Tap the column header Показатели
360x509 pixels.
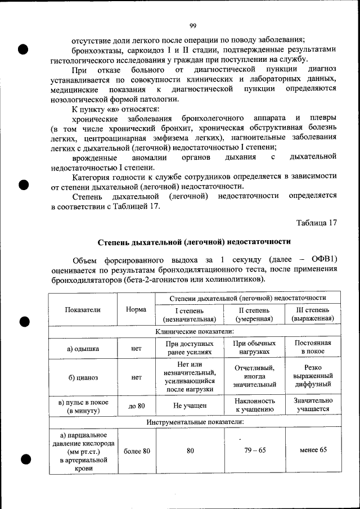click(x=83, y=310)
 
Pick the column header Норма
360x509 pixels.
click(x=136, y=310)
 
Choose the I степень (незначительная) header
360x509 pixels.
click(x=189, y=315)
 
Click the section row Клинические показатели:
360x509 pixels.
click(x=194, y=332)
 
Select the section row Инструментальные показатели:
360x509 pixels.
click(x=195, y=422)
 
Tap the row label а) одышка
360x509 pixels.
click(x=83, y=348)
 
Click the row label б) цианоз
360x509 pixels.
click(x=83, y=377)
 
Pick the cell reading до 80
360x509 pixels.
click(x=136, y=406)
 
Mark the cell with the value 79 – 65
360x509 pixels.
click(x=255, y=451)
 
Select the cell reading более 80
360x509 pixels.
click(x=136, y=451)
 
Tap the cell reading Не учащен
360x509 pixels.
click(x=190, y=406)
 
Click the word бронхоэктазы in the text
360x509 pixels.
click(x=94, y=49)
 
